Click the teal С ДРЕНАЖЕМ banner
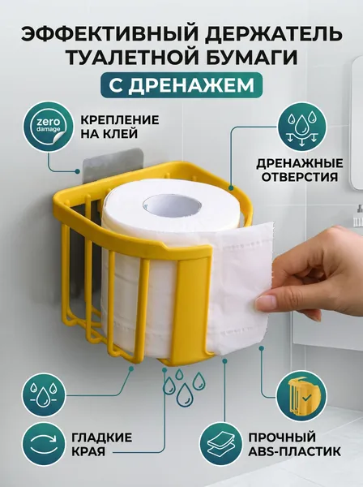pyautogui.click(x=181, y=85)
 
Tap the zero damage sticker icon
pyautogui.click(x=48, y=127)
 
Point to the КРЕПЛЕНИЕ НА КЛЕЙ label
pyautogui.click(x=120, y=127)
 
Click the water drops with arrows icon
pyautogui.click(x=301, y=127)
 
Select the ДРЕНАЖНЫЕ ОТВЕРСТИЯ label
pyautogui.click(x=300, y=170)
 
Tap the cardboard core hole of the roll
pyautogui.click(x=173, y=206)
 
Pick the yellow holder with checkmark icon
pyautogui.click(x=301, y=396)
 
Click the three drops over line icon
pyautogui.click(x=44, y=395)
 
